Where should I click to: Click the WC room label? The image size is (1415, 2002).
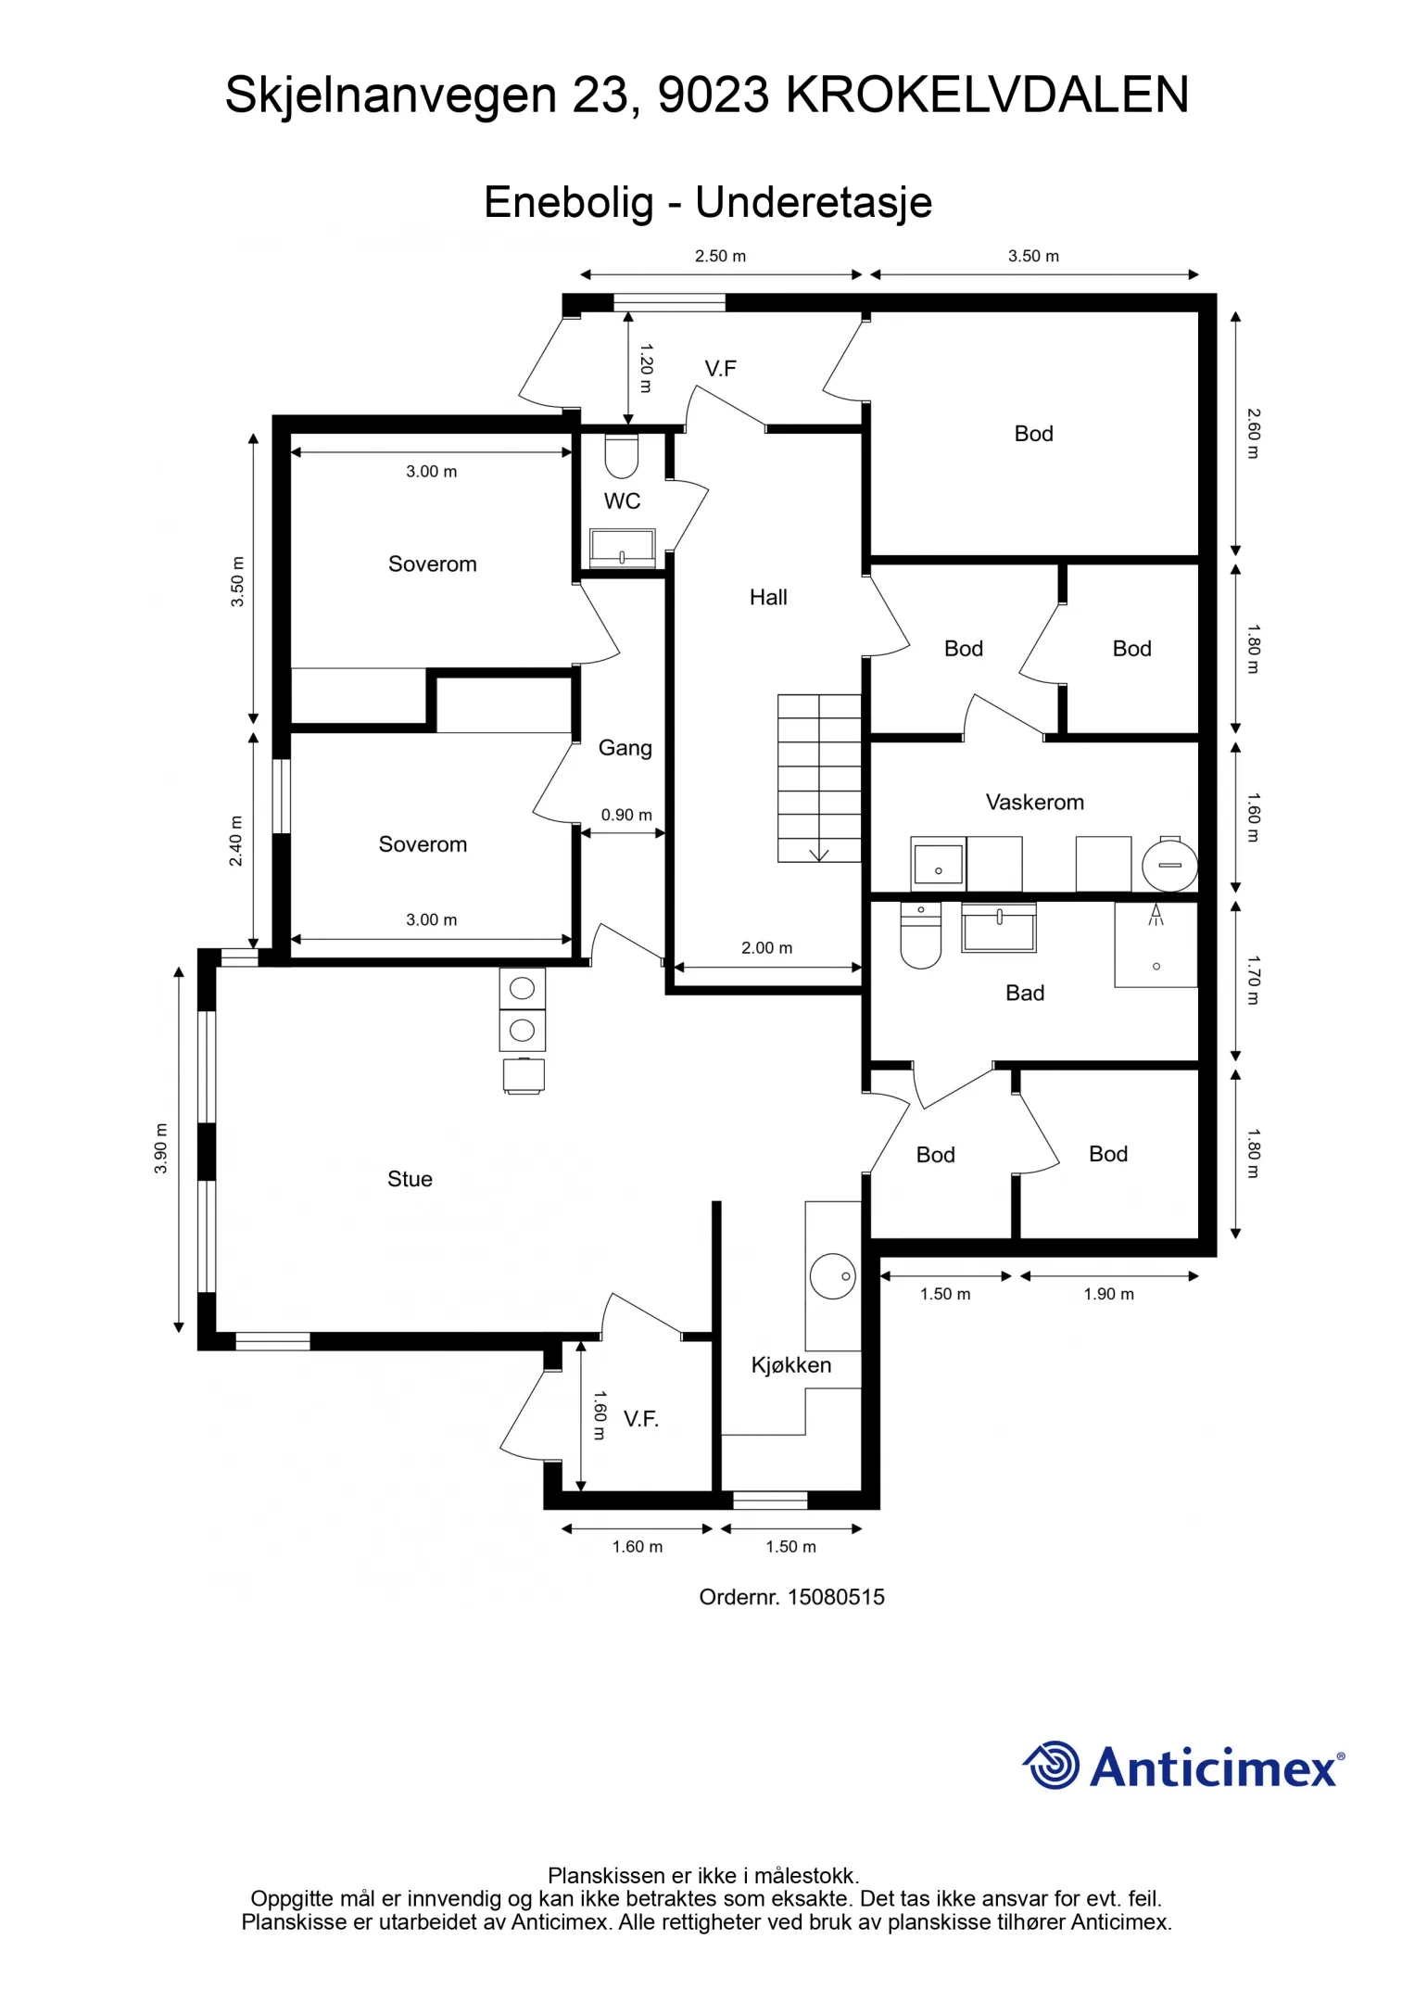click(x=622, y=501)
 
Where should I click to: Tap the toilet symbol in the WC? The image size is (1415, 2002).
click(x=621, y=455)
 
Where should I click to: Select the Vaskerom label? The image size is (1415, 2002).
click(x=1034, y=802)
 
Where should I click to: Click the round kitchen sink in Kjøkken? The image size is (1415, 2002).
click(x=832, y=1276)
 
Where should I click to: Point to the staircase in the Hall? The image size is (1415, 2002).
click(x=819, y=779)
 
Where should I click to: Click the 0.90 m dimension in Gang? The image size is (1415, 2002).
click(x=626, y=815)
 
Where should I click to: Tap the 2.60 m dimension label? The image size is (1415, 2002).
click(x=1253, y=433)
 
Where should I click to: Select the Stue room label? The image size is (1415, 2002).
click(x=410, y=1179)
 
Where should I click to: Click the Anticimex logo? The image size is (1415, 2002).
click(x=1183, y=1766)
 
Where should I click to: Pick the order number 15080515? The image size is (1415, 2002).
click(x=836, y=1597)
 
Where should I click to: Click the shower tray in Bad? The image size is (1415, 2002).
click(x=1156, y=944)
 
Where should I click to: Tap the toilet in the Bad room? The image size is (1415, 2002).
click(x=920, y=936)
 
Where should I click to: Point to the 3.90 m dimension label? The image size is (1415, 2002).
click(x=161, y=1147)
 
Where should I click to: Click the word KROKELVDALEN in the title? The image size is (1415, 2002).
click(x=987, y=95)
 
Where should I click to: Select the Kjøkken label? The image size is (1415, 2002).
click(x=790, y=1365)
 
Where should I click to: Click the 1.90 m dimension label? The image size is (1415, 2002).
click(x=1108, y=1294)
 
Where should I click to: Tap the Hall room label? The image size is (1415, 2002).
click(x=768, y=598)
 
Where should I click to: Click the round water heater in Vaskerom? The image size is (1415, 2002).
click(x=1169, y=865)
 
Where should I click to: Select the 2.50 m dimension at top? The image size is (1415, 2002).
click(x=720, y=256)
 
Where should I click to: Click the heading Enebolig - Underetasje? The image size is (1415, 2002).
click(x=708, y=202)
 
